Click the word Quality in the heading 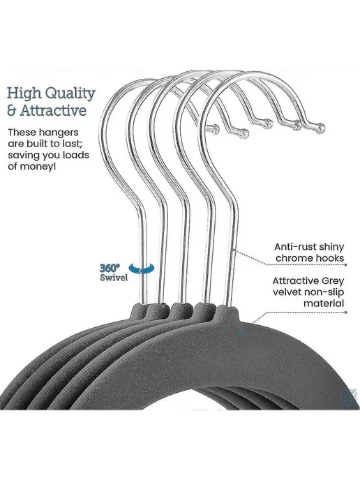70,94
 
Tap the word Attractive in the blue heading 53,110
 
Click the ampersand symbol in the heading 11,111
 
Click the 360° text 110,268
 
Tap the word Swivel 114,278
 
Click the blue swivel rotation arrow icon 142,269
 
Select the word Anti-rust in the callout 294,247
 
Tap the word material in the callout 324,303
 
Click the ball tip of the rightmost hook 320,128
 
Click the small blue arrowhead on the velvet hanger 240,331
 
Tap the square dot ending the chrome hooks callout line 345,264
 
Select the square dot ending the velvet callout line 345,313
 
